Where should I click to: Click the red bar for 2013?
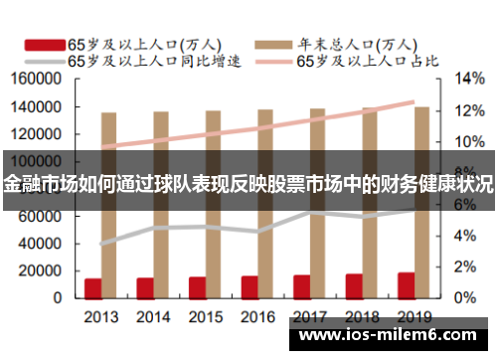[92, 287]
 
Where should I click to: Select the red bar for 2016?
[249, 286]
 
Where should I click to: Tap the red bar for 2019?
[407, 284]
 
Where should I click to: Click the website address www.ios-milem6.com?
[391, 337]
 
